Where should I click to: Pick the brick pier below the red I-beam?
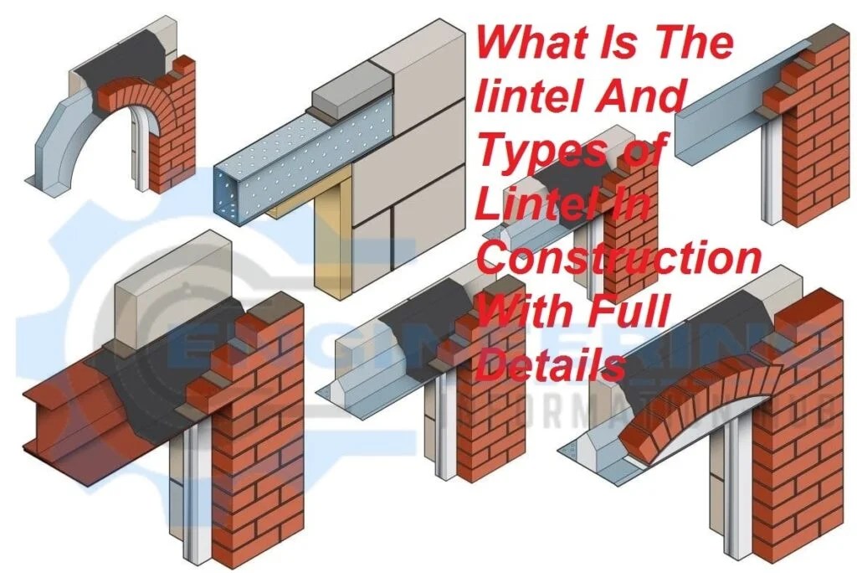[x=251, y=469]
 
